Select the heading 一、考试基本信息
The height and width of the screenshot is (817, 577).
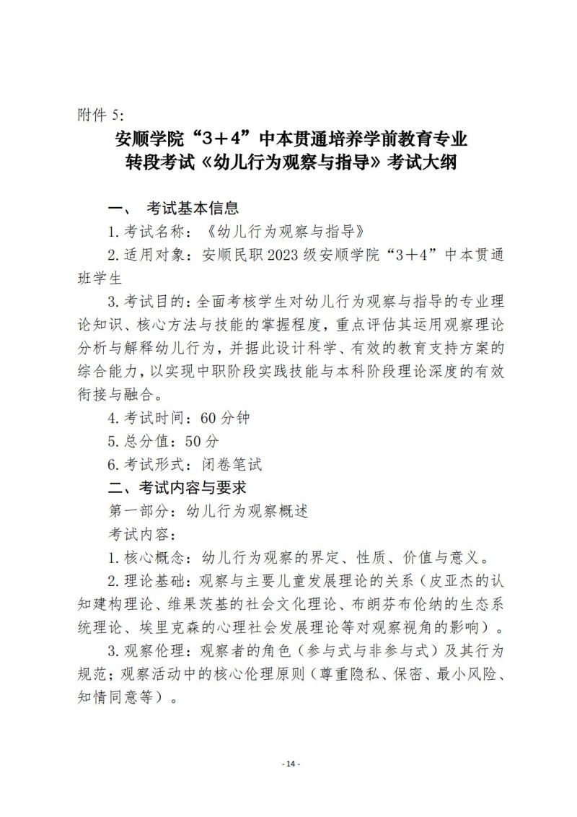pos(172,209)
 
